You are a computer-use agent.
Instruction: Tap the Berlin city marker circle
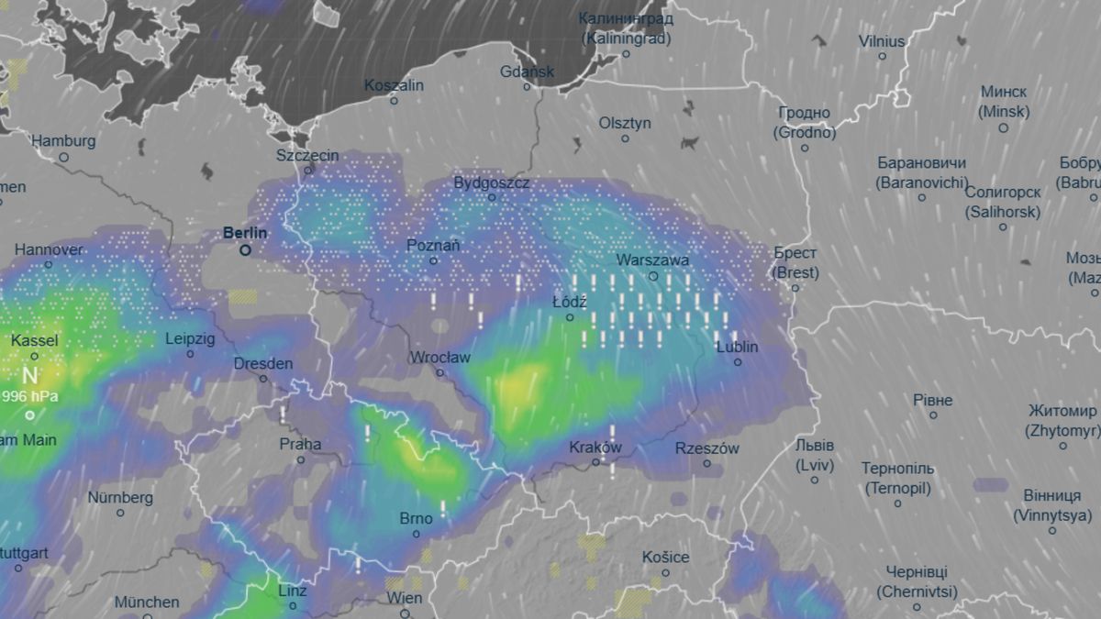(245, 249)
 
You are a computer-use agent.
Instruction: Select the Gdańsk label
(527, 72)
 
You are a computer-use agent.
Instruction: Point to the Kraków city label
(595, 448)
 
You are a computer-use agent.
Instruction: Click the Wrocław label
(440, 357)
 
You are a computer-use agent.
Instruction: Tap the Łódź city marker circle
(569, 317)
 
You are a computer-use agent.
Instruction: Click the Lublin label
(737, 347)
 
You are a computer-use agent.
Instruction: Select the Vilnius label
(882, 41)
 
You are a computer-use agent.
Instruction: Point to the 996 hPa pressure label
(31, 396)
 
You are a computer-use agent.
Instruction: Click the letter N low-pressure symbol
(30, 375)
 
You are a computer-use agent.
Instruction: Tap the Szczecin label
(307, 155)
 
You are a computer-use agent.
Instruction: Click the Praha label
(301, 444)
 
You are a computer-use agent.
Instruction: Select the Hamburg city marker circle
(63, 157)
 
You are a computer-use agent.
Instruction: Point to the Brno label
(416, 519)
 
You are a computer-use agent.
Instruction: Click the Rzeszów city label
(706, 448)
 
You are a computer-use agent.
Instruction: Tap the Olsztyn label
(625, 123)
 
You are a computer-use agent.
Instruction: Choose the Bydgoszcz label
(492, 183)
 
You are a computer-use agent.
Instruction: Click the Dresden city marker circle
(263, 378)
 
